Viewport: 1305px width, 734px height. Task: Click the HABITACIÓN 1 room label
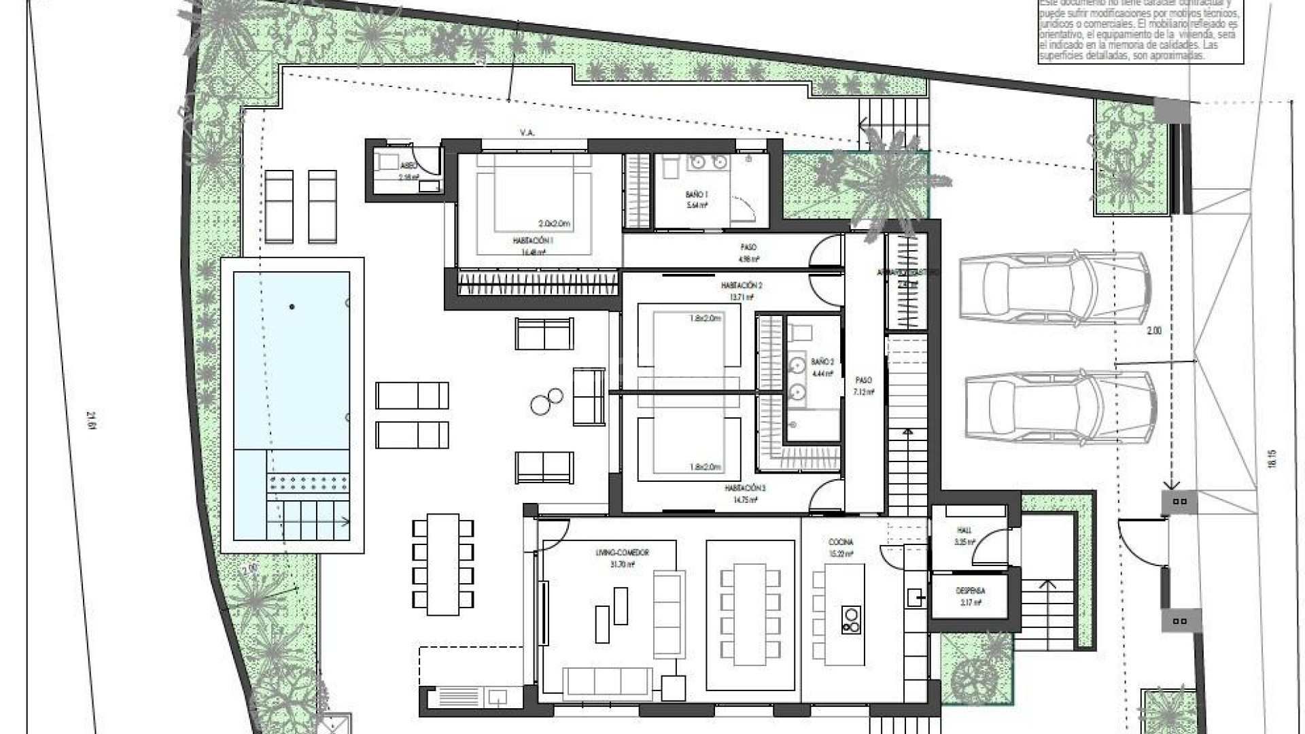click(x=533, y=240)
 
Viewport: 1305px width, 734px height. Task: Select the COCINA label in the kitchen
click(x=841, y=542)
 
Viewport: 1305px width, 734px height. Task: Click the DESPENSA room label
click(x=971, y=591)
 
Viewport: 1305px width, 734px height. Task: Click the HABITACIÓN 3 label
click(x=745, y=488)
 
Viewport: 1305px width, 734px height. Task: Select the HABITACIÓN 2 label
click(x=741, y=285)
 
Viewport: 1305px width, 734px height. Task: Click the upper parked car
click(x=1055, y=286)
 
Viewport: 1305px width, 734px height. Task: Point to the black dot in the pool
click(x=292, y=307)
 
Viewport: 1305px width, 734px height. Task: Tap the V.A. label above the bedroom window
click(x=527, y=133)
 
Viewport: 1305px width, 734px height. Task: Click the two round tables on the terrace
click(x=546, y=401)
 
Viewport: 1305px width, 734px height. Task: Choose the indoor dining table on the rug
click(x=750, y=615)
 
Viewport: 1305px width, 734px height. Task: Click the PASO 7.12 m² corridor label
click(x=864, y=386)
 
